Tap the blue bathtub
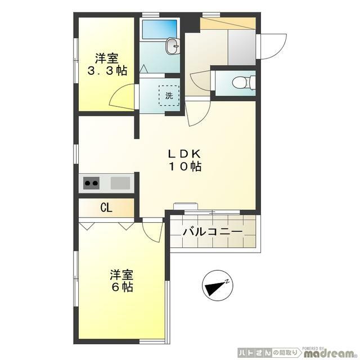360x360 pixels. click(x=160, y=29)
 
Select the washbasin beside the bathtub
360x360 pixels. click(x=173, y=46)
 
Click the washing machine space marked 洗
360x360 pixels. click(x=169, y=96)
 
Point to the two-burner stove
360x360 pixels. click(x=91, y=183)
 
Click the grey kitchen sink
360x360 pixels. click(x=120, y=183)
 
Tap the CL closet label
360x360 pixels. click(x=106, y=208)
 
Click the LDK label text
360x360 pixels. click(x=185, y=154)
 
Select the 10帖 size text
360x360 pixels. click(x=185, y=166)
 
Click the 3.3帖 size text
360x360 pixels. click(x=107, y=71)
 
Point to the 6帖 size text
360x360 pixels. click(x=122, y=287)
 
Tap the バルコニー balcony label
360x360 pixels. click(x=213, y=232)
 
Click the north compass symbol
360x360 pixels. click(x=218, y=285)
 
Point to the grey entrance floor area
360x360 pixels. click(x=241, y=47)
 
